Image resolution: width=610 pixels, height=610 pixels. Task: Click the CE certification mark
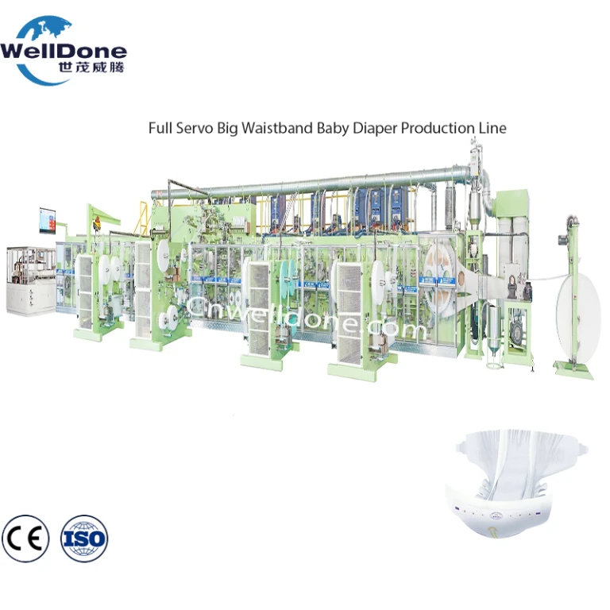[x=25, y=539]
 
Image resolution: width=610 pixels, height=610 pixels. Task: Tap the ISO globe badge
[x=84, y=539]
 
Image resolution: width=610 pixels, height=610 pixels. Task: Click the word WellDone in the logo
[x=64, y=52]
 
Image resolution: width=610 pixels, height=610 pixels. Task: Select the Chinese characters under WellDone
[x=91, y=68]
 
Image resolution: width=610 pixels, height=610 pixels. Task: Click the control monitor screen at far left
[x=47, y=221]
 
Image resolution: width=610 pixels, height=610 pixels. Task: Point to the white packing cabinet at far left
[x=31, y=280]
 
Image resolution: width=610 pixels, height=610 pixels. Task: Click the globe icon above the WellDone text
[x=48, y=29]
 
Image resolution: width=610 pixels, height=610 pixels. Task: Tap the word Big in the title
[x=227, y=129]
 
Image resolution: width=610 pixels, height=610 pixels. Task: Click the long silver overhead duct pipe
[x=307, y=182]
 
